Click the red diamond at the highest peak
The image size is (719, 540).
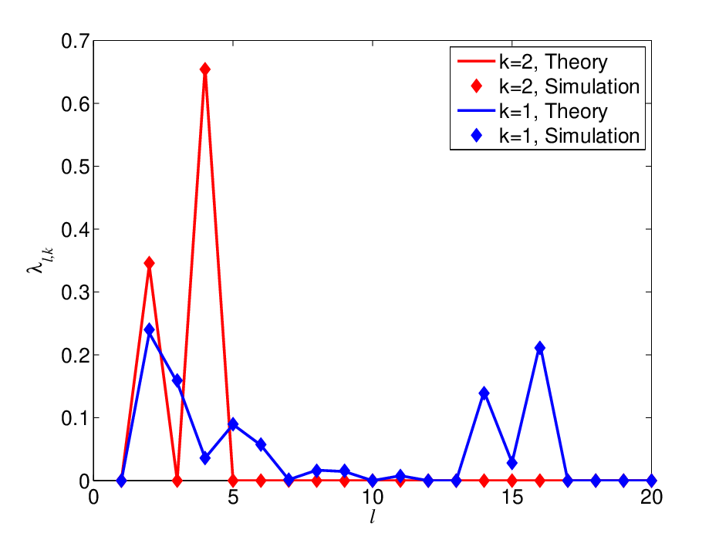click(205, 69)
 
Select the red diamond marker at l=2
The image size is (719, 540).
click(149, 263)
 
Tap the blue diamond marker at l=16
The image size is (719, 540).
click(540, 348)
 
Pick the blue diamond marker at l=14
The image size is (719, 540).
click(484, 393)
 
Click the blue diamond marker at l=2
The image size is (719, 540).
click(149, 329)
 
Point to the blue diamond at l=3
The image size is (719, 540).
click(177, 380)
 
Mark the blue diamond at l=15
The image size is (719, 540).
click(511, 463)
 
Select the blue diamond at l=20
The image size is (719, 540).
click(651, 481)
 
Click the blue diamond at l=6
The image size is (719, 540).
click(261, 444)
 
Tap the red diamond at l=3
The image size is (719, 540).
click(177, 481)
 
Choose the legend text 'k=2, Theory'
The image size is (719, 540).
click(553, 62)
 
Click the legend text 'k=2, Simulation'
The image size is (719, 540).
click(569, 86)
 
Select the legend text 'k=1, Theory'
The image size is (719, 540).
click(553, 111)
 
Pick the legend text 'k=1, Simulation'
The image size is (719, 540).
click(569, 136)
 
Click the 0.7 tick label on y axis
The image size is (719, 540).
click(75, 41)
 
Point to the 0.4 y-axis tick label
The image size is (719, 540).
click(75, 230)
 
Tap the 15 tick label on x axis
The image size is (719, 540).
click(512, 498)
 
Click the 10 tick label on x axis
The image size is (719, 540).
click(373, 498)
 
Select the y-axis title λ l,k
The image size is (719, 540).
click(40, 261)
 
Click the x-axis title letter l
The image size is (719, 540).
click(372, 518)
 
